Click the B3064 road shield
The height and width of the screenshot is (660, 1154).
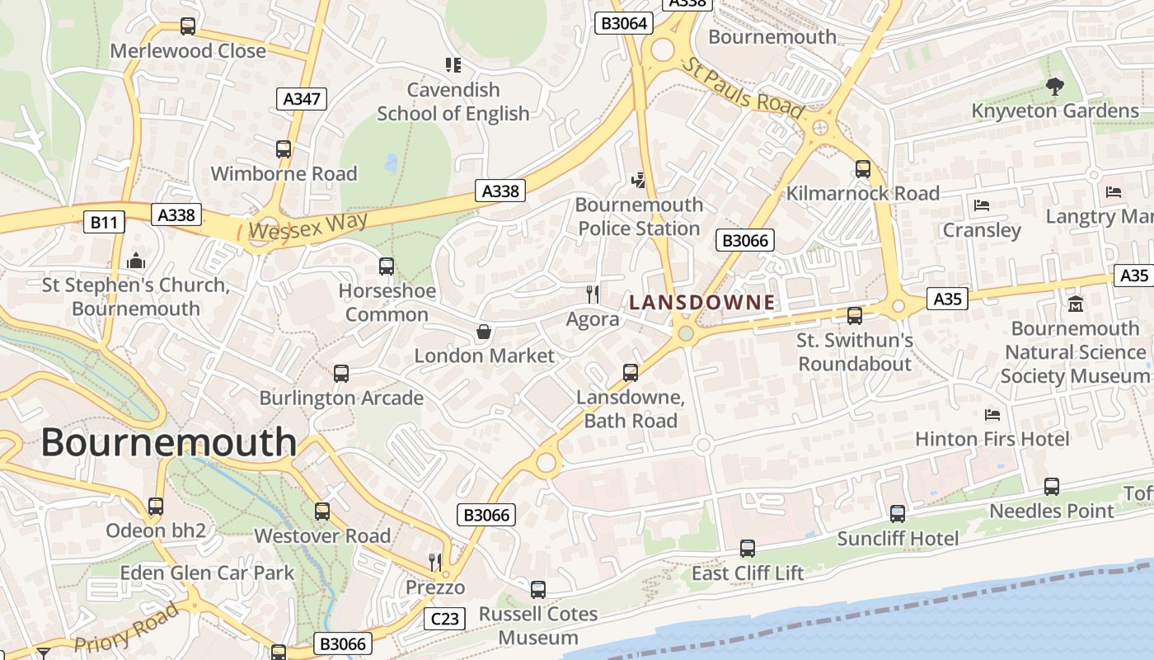[x=624, y=23]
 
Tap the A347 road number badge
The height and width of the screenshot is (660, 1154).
[x=302, y=99]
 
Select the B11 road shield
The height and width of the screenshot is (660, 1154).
[x=105, y=221]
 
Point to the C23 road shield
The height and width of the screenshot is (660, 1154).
[x=445, y=619]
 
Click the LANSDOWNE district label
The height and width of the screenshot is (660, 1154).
[x=702, y=303]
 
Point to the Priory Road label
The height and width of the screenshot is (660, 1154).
[x=126, y=629]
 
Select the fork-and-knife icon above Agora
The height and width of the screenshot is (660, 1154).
[x=592, y=293]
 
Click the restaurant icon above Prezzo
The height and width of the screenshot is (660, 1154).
[x=435, y=563]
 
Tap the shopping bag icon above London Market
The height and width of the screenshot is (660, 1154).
[x=484, y=332]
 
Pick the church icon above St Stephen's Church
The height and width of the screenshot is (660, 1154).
[x=136, y=262]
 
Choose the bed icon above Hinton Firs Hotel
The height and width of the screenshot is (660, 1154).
[x=992, y=414]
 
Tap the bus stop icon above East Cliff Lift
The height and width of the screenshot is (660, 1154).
[x=748, y=548]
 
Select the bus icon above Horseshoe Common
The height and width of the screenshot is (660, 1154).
[x=387, y=266]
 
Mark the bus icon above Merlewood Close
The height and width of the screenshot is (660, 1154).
[x=188, y=26]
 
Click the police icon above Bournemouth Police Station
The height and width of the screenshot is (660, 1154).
[x=638, y=180]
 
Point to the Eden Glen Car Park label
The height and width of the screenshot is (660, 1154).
[x=207, y=573]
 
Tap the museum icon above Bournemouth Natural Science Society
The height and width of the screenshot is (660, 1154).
[x=1075, y=304]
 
